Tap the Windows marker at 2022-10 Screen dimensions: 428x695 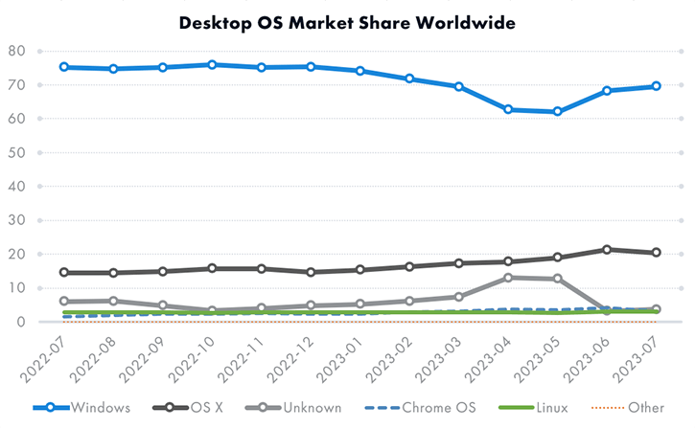tap(212, 65)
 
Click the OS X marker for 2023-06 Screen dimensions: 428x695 tap(607, 250)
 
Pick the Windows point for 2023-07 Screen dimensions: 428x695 tap(656, 86)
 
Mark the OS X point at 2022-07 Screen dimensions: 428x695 tap(64, 273)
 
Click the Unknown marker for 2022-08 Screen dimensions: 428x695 tap(114, 301)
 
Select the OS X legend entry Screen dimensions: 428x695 tap(188, 408)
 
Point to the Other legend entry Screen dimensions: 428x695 tap(627, 408)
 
